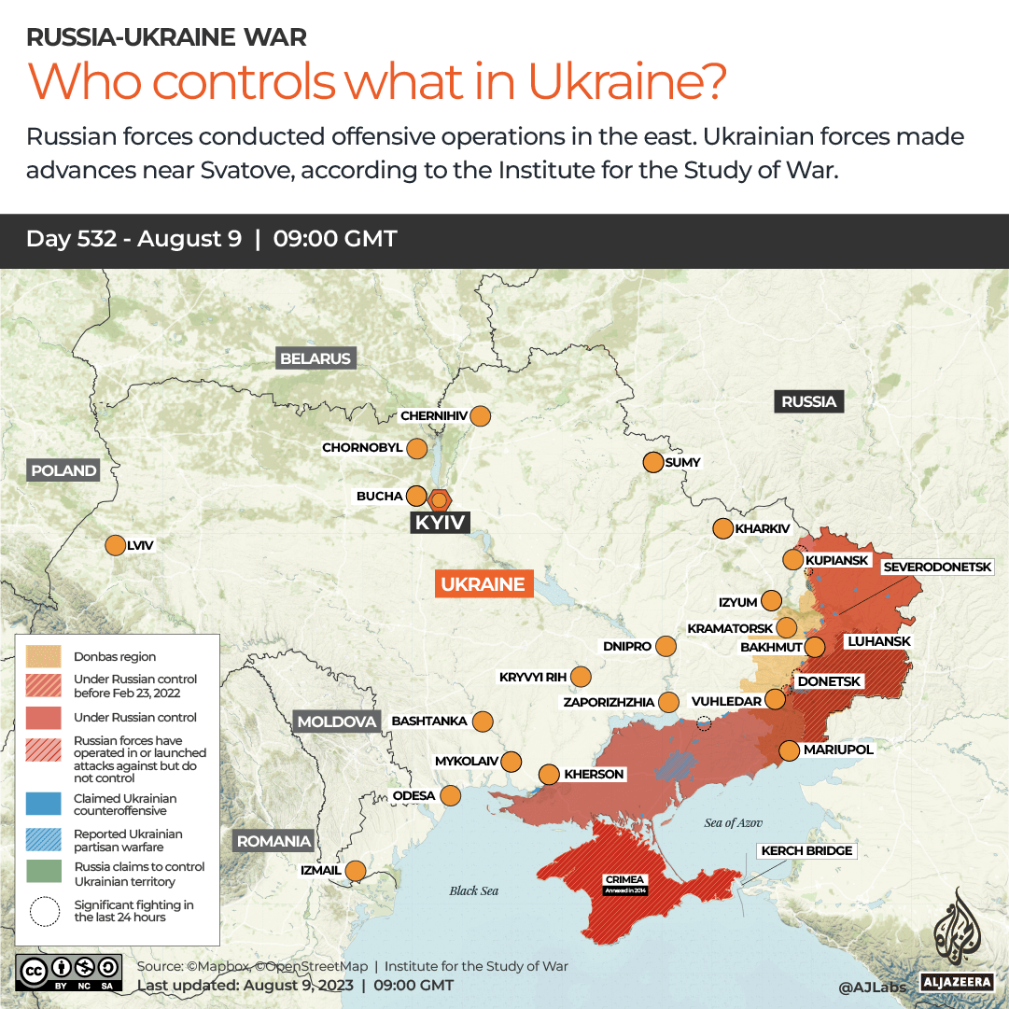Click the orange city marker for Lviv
coord(116,546)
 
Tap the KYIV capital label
coord(440,523)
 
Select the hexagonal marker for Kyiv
coord(439,499)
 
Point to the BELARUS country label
coord(315,358)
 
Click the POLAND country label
coord(63,470)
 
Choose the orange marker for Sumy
coord(652,462)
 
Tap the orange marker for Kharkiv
coord(722,529)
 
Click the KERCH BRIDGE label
coord(806,851)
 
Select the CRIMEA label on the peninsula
coord(624,880)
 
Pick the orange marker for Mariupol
coord(789,750)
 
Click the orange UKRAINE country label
coord(483,584)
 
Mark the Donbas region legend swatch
coord(43,656)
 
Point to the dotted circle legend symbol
coord(43,911)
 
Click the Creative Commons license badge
coord(69,971)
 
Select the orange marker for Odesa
coord(450,796)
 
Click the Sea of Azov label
coord(733,822)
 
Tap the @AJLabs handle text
coord(872,986)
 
